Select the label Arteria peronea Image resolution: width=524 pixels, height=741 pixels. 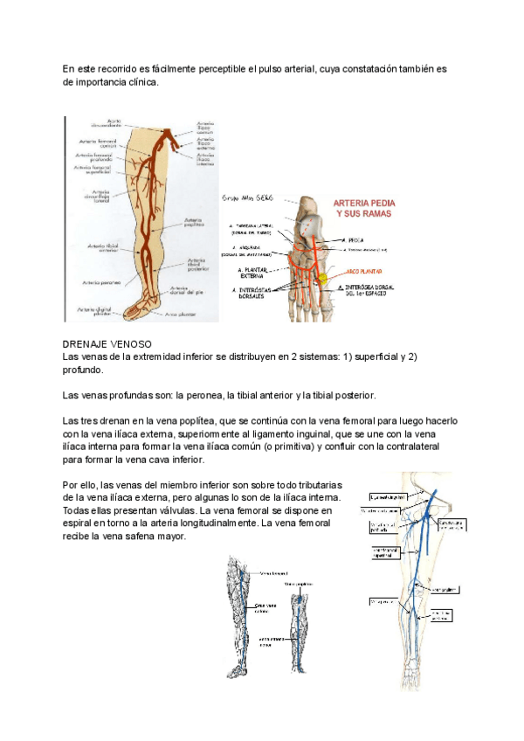pos(101,282)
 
